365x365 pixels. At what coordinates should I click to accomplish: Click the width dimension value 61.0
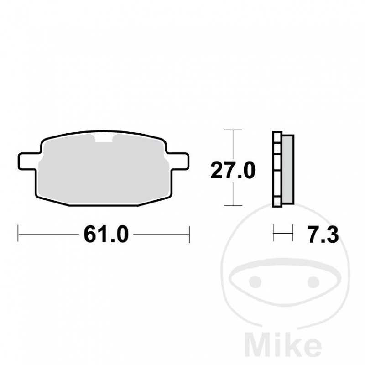[x=104, y=235]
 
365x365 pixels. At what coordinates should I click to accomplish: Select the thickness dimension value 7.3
[x=322, y=235]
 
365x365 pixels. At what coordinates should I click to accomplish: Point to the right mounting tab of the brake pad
[x=177, y=160]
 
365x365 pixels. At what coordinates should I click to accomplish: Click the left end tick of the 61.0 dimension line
[x=18, y=235]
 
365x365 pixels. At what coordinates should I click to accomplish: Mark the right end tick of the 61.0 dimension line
[x=188, y=235]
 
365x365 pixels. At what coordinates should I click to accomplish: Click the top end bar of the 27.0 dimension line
[x=233, y=130]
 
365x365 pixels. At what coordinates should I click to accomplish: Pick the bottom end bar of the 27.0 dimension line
[x=233, y=206]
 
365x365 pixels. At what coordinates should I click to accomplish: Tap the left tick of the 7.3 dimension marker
[x=273, y=235]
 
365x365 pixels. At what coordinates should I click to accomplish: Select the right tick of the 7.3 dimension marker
[x=292, y=235]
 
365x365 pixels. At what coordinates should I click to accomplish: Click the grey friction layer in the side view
[x=288, y=169]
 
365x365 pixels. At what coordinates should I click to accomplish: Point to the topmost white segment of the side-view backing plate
[x=276, y=137]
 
